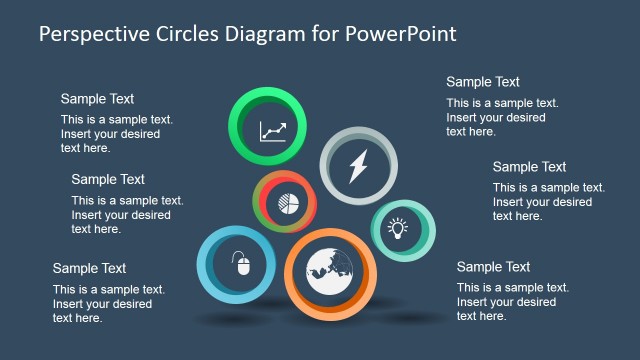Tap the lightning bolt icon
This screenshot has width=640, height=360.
(x=358, y=165)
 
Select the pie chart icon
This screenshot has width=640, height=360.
(x=289, y=201)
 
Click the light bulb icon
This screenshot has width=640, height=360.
(x=398, y=229)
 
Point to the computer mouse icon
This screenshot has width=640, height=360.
(x=239, y=265)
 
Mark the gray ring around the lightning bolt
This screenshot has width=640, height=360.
(x=331, y=146)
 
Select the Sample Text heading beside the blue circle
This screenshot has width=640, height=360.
(x=89, y=268)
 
